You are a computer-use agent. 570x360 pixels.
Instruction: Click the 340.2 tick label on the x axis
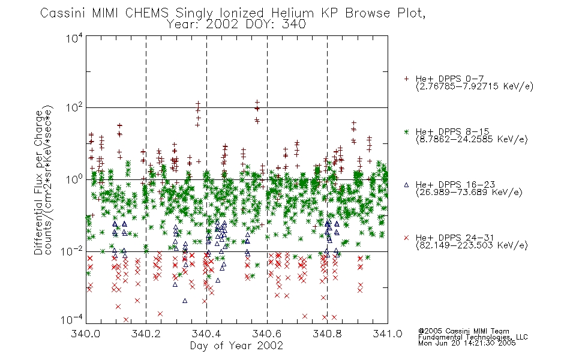pos(146,334)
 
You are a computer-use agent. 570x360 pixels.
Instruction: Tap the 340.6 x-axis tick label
pos(267,334)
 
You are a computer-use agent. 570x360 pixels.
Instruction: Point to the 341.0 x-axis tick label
pos(388,334)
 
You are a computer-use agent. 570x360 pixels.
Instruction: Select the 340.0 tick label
pos(86,334)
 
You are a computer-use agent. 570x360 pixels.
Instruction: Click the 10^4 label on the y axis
pos(74,38)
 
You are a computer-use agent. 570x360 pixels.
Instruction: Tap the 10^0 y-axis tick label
pos(74,179)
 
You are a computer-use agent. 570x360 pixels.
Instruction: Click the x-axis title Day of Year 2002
pos(236,346)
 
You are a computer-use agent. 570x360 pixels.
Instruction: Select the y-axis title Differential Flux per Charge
pos(38,182)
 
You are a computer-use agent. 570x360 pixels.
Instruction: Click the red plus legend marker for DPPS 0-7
pos(406,79)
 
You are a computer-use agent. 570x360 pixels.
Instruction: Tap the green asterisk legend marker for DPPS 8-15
pos(406,131)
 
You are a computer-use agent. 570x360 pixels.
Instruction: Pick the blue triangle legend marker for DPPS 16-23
pos(406,185)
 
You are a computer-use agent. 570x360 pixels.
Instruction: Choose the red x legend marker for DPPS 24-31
pos(406,238)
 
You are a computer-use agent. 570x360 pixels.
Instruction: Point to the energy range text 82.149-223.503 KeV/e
pos(472,245)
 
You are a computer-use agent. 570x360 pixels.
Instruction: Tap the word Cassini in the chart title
pos(63,13)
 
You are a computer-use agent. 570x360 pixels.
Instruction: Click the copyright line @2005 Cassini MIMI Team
pos(463,331)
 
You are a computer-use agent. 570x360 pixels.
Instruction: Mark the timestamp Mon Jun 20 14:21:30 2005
pos(467,343)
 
